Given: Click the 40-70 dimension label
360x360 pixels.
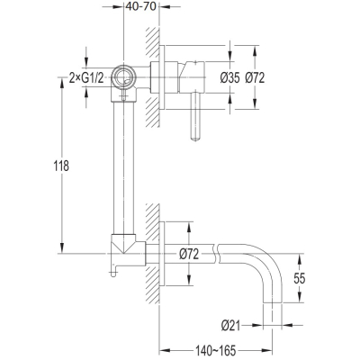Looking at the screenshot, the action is point(141,6).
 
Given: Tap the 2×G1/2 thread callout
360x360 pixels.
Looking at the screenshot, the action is point(86,78).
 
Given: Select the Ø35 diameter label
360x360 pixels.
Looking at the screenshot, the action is point(229,78).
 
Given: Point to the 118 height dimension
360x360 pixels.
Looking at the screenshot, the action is point(61,166).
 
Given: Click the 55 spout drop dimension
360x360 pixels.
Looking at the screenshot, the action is point(299,279).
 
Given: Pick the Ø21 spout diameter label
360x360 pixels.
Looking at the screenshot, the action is point(231,326).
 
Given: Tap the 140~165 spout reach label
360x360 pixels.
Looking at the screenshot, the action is point(216,350).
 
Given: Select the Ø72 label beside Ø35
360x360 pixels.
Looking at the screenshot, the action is point(255,78).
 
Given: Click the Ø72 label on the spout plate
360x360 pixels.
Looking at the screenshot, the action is point(189,255).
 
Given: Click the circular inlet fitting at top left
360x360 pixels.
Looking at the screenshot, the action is point(123,77).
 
